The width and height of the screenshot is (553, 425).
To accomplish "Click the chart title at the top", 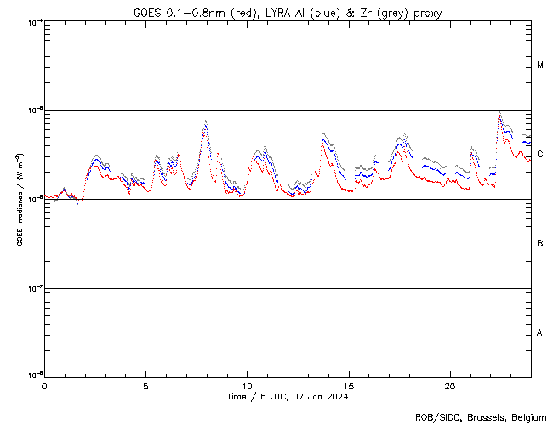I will tap(287, 13).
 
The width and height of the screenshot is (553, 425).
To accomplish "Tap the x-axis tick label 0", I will tap(44, 385).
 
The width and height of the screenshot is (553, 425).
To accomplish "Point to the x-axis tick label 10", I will tap(247, 385).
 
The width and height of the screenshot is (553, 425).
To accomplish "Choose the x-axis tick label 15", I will tap(349, 385).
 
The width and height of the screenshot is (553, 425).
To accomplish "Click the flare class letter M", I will tap(540, 65).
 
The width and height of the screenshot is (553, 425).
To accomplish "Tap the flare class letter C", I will tap(540, 154).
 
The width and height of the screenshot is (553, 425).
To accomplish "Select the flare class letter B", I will tap(540, 244).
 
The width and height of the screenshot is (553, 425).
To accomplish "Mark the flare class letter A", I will tap(540, 333).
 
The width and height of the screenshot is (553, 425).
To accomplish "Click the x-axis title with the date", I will tap(288, 396).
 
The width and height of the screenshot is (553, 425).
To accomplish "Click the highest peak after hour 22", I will tap(499, 113).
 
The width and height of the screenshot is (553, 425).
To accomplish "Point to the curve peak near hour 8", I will tap(205, 122).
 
